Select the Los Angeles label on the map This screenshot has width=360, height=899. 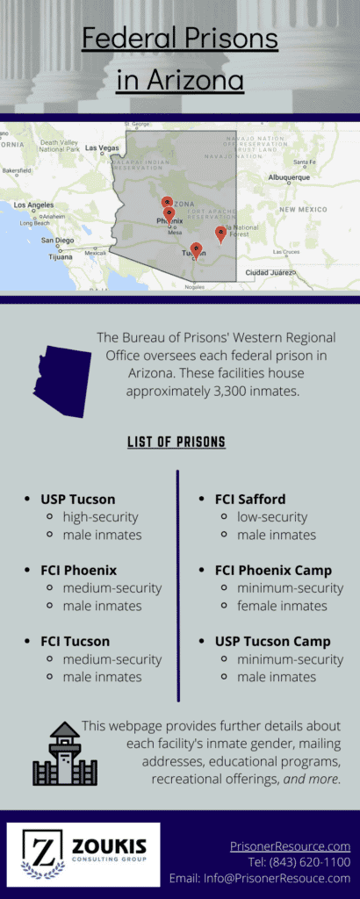click(33, 205)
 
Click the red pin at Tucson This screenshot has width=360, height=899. click(196, 250)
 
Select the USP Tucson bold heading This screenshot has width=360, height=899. click(77, 499)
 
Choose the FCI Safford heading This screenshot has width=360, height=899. click(249, 499)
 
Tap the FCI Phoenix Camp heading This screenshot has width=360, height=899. click(273, 570)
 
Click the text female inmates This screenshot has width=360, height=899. click(282, 606)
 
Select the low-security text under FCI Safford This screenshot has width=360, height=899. click(271, 517)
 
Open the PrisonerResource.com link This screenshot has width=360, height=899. click(290, 846)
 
